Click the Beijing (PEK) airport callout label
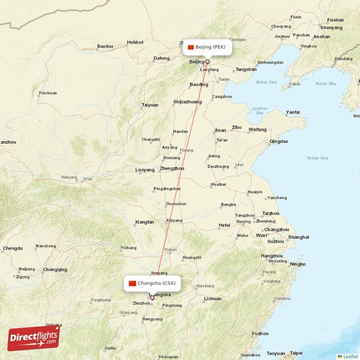coord(207,47)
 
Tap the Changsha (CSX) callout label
coord(153,283)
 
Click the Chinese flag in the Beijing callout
coord(191,47)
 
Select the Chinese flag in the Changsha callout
coord(132,283)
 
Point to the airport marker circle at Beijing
coord(207,61)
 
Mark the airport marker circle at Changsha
coord(152,297)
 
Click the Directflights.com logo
coord(34,338)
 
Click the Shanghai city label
coord(298,237)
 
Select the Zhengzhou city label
coord(172,169)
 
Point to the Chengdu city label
coord(13,248)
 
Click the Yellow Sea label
coord(317,158)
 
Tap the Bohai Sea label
coord(266,82)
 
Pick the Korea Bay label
coord(326,84)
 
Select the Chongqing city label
coord(55,270)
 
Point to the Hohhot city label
coord(135,43)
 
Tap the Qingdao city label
coord(279,141)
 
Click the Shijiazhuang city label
coord(187,102)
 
